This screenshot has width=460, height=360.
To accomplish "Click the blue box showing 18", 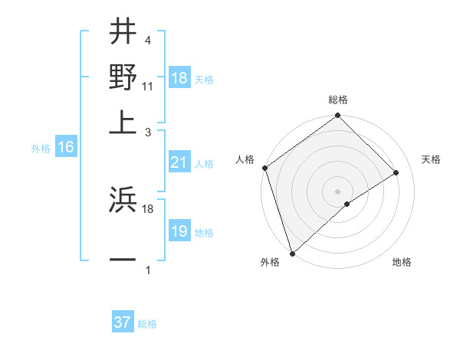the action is click(x=179, y=79).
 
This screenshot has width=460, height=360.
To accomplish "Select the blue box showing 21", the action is click(x=179, y=162).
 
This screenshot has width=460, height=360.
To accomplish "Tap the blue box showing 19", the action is click(x=179, y=231).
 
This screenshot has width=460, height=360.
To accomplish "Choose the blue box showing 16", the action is click(x=66, y=148).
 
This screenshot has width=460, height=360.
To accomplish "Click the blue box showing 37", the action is click(x=123, y=322).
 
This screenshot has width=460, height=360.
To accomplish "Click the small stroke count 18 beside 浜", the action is click(x=148, y=208).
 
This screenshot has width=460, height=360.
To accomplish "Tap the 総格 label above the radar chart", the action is click(x=338, y=100).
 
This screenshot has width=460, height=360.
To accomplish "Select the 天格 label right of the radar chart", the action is click(x=431, y=159).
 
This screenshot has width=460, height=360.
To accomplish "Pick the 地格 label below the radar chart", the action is click(x=402, y=262).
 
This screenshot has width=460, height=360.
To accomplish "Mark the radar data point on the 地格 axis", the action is click(x=347, y=204).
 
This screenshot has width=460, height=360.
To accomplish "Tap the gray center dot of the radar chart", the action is click(x=337, y=191).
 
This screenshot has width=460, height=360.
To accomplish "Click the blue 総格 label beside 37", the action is click(x=147, y=324).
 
